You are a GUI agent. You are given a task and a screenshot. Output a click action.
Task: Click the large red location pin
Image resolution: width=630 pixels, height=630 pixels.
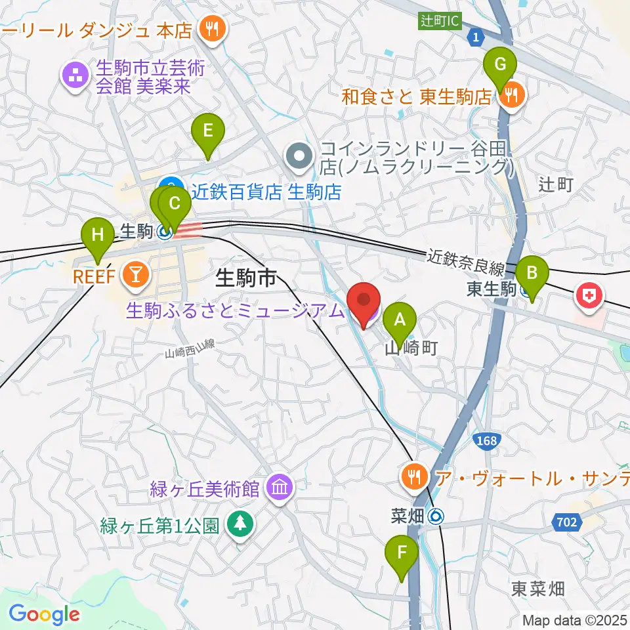pos(364,304)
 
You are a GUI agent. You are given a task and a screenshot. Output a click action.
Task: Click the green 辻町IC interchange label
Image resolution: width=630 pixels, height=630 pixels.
pos(440,21)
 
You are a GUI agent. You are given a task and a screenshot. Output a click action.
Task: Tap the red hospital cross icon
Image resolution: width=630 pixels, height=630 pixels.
pos(589,297)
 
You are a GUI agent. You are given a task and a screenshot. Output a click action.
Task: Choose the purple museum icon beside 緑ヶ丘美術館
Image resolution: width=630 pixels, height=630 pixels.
pos(280,488)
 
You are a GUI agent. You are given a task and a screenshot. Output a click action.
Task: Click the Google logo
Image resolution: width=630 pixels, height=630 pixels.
pos(44,614)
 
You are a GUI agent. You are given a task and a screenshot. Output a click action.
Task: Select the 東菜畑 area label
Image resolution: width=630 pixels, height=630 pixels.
pos(537,589)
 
